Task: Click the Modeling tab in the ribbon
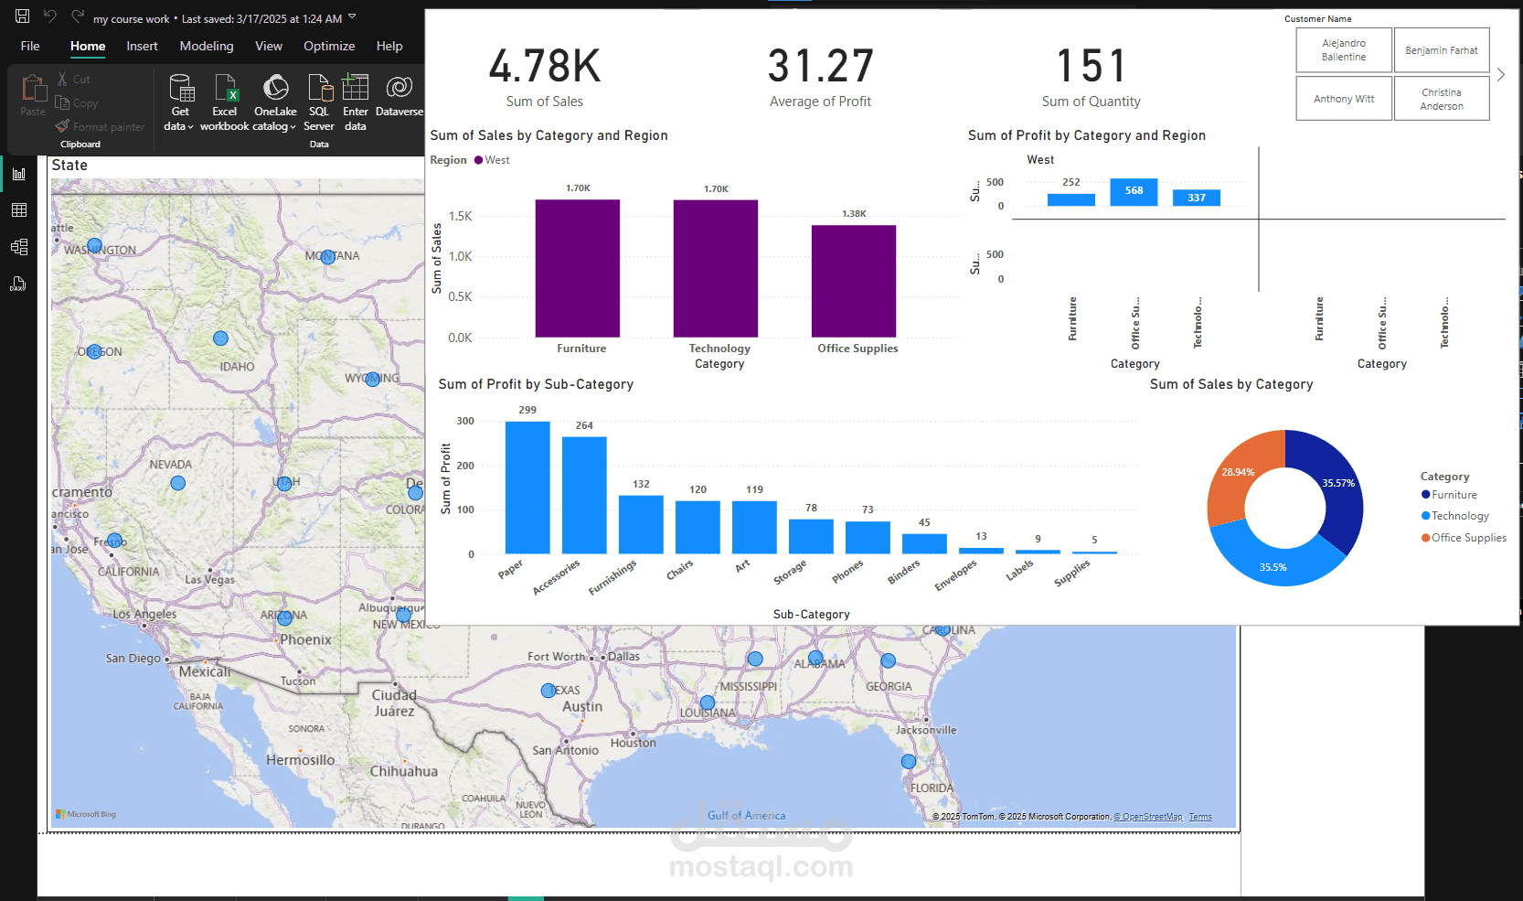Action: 206,46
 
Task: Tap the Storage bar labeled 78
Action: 811,536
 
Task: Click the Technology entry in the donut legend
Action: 1460,516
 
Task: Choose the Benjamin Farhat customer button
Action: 1442,50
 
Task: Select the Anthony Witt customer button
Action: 1344,99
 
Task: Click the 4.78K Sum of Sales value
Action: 545,67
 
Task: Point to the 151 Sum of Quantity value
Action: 1091,67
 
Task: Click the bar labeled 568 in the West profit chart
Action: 1134,191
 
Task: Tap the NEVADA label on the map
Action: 170,465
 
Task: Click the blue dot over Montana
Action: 327,257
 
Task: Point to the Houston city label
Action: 634,743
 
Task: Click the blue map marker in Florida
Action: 908,761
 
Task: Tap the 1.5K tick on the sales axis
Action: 460,217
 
